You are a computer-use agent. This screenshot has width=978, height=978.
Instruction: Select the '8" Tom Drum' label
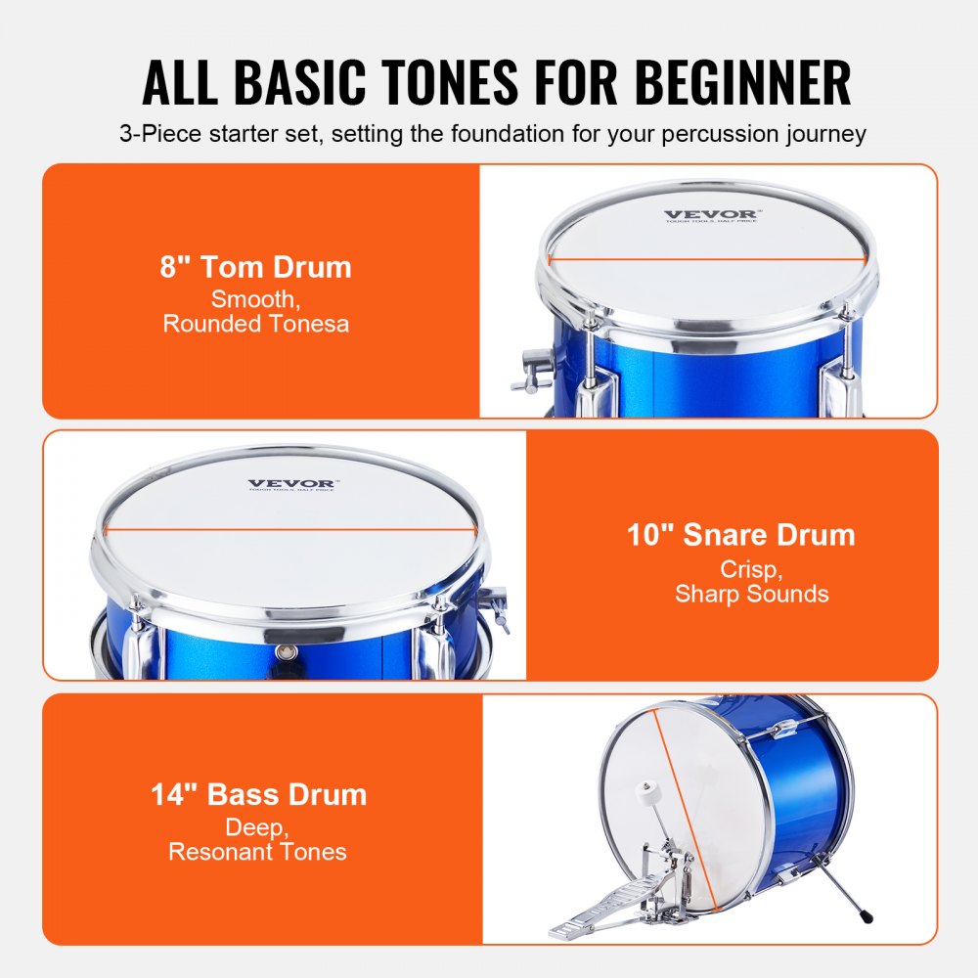pyautogui.click(x=255, y=267)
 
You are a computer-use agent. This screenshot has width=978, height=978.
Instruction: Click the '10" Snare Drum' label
pyautogui.click(x=740, y=534)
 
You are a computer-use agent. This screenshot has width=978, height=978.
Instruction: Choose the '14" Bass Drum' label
pyautogui.click(x=258, y=794)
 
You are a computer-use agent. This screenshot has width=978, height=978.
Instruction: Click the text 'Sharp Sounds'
pyautogui.click(x=751, y=594)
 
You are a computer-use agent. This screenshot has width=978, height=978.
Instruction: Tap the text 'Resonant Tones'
pyautogui.click(x=257, y=852)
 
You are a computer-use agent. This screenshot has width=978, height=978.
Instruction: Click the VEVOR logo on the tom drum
pyautogui.click(x=709, y=214)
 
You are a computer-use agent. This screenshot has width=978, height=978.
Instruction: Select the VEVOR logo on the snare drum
pyautogui.click(x=290, y=483)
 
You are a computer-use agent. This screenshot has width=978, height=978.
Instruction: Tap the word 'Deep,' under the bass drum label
pyautogui.click(x=257, y=827)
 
